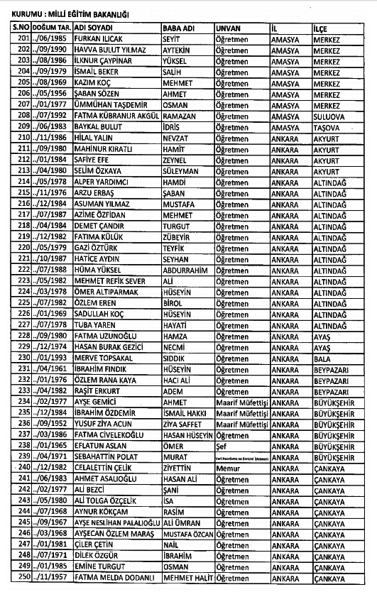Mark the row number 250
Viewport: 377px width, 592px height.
point(23,576)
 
